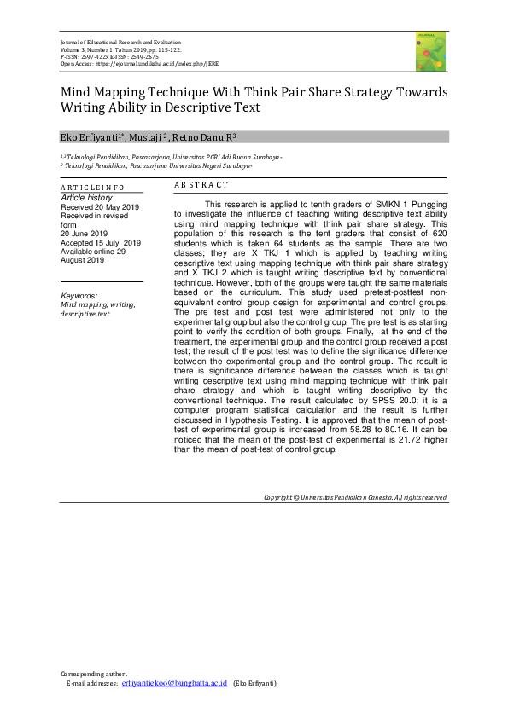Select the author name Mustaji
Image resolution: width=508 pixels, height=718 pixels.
pyautogui.click(x=158, y=136)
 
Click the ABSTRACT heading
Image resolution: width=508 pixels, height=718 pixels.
pyautogui.click(x=201, y=185)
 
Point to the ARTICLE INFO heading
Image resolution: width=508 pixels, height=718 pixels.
pyautogui.click(x=91, y=187)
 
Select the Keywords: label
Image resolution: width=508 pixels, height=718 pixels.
pyautogui.click(x=79, y=294)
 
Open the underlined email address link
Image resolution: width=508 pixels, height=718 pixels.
pyautogui.click(x=174, y=684)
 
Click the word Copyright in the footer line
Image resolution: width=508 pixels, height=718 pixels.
pyautogui.click(x=278, y=497)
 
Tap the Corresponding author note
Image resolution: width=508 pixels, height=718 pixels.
pyautogui.click(x=94, y=674)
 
